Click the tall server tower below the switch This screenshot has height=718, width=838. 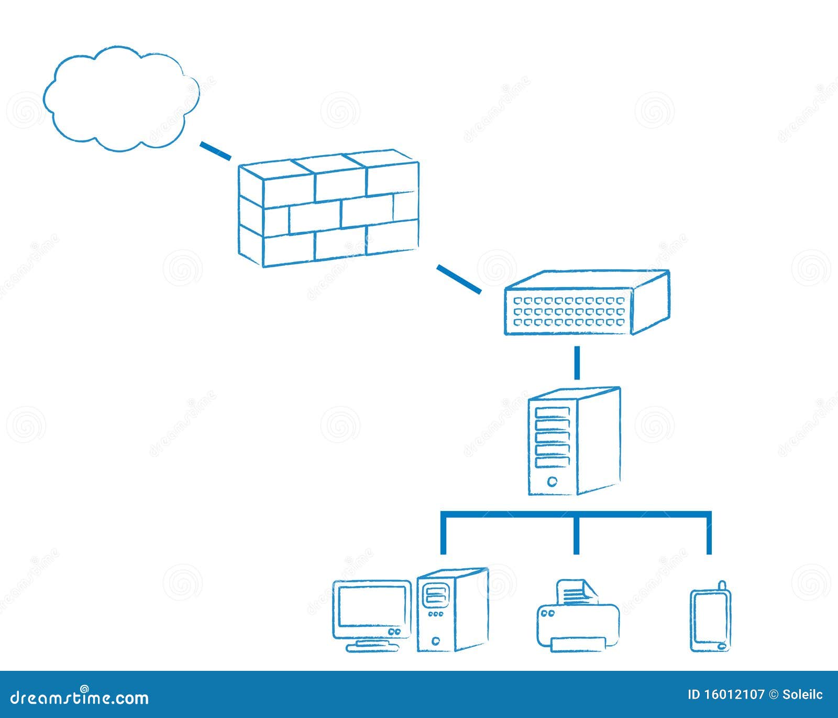coord(574,441)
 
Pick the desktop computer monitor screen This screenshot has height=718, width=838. coord(371,606)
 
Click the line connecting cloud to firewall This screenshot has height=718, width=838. coord(215,150)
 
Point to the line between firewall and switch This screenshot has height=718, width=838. coord(459,279)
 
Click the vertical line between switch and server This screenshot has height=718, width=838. coord(577,362)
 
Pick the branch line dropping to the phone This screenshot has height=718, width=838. coord(709,535)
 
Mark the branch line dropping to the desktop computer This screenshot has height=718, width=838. coord(444,535)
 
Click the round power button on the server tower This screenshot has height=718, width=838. coord(552,481)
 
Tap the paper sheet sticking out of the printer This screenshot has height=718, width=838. coord(575,593)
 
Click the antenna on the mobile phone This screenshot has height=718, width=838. coord(722,585)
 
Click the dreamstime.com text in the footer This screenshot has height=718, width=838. coord(80,697)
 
